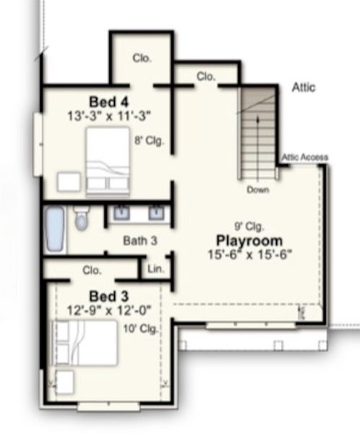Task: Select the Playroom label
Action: click(248, 239)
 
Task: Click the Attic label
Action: click(304, 88)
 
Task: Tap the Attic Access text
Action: click(304, 157)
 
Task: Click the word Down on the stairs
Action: click(258, 190)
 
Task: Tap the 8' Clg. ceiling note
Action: click(150, 142)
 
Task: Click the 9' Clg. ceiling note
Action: click(247, 225)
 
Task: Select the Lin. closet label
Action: click(155, 270)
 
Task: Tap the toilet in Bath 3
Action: click(81, 218)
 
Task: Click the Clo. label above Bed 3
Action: click(92, 270)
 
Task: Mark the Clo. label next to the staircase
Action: click(205, 75)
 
